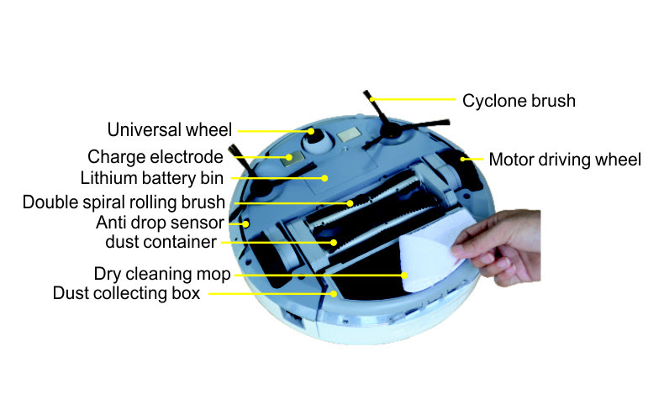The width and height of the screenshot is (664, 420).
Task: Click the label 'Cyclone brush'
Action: pos(519,101)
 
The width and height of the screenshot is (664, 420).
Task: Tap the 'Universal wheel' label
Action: pos(169,130)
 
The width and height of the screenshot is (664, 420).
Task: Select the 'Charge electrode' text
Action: pos(155,157)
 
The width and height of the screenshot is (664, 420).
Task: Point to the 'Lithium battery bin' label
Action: pos(152,179)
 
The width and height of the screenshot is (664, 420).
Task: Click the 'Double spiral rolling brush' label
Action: pos(124,202)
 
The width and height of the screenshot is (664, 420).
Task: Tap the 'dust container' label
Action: pos(161,243)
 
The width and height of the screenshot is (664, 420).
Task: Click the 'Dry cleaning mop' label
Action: pos(162,274)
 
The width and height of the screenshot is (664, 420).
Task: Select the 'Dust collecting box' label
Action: pos(126,294)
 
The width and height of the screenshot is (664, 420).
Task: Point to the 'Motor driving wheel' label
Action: pos(565,159)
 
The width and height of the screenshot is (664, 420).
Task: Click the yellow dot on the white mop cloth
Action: pos(403,274)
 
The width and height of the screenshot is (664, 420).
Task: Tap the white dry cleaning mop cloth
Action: pos(424,256)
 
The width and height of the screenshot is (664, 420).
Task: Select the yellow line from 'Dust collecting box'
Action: pos(269,294)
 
